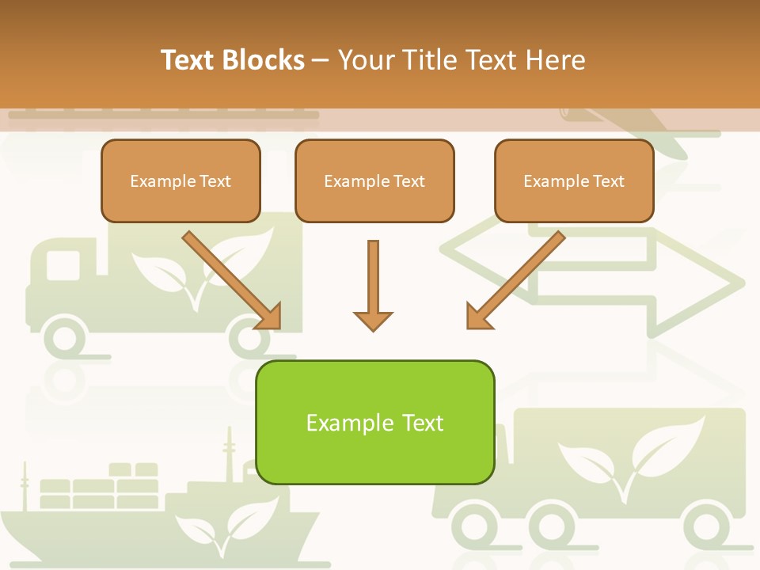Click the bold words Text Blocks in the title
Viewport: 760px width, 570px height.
click(233, 59)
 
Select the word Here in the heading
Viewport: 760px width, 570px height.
click(559, 59)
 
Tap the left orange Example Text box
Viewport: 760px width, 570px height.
click(180, 180)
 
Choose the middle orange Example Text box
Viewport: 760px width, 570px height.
click(374, 180)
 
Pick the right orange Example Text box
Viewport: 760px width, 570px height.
click(574, 180)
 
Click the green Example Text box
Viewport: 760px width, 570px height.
click(374, 422)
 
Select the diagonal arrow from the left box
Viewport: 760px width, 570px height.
click(230, 278)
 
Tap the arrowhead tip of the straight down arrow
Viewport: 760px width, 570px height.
click(373, 328)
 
